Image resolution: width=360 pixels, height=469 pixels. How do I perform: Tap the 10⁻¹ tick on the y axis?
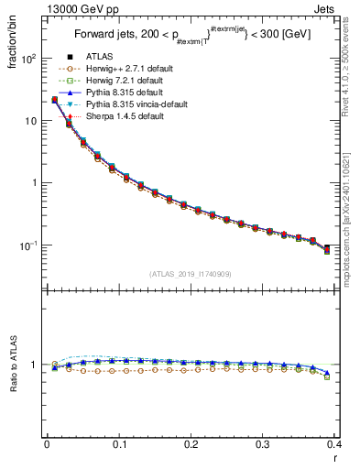point(29,245)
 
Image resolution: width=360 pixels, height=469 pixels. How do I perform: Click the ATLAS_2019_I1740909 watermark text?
point(190,274)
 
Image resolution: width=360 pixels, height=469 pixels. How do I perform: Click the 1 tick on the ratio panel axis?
point(36,365)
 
